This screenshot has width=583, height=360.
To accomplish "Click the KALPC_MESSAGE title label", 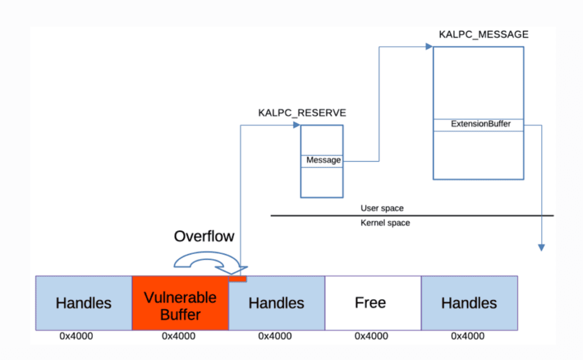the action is click(x=483, y=35).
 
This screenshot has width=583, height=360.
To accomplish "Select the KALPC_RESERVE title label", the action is click(x=302, y=113).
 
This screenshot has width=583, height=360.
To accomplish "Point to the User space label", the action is click(x=382, y=208).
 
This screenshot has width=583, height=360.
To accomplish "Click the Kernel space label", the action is click(x=385, y=223).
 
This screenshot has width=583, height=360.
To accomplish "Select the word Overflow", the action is click(x=204, y=236).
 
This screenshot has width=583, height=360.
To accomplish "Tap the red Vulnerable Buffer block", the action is click(x=180, y=303).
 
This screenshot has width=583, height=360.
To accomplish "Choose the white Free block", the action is click(x=373, y=303).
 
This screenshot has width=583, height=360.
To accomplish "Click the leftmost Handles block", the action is click(x=84, y=303).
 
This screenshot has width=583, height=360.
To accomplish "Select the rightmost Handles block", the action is click(x=469, y=303).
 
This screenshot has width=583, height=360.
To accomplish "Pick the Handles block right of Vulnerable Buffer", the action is click(x=277, y=303).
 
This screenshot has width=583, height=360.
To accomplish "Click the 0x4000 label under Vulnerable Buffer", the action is click(x=178, y=336).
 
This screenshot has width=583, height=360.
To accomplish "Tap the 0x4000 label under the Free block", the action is click(x=371, y=336).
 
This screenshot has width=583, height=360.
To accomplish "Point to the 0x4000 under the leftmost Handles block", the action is click(x=76, y=336).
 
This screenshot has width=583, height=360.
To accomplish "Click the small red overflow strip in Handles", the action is click(x=237, y=279).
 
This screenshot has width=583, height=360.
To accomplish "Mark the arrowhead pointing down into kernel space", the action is click(x=541, y=248).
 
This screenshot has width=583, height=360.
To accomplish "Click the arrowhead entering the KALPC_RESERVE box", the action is click(x=297, y=125).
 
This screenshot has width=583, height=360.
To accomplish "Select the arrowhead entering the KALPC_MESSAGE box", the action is click(x=429, y=47).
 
